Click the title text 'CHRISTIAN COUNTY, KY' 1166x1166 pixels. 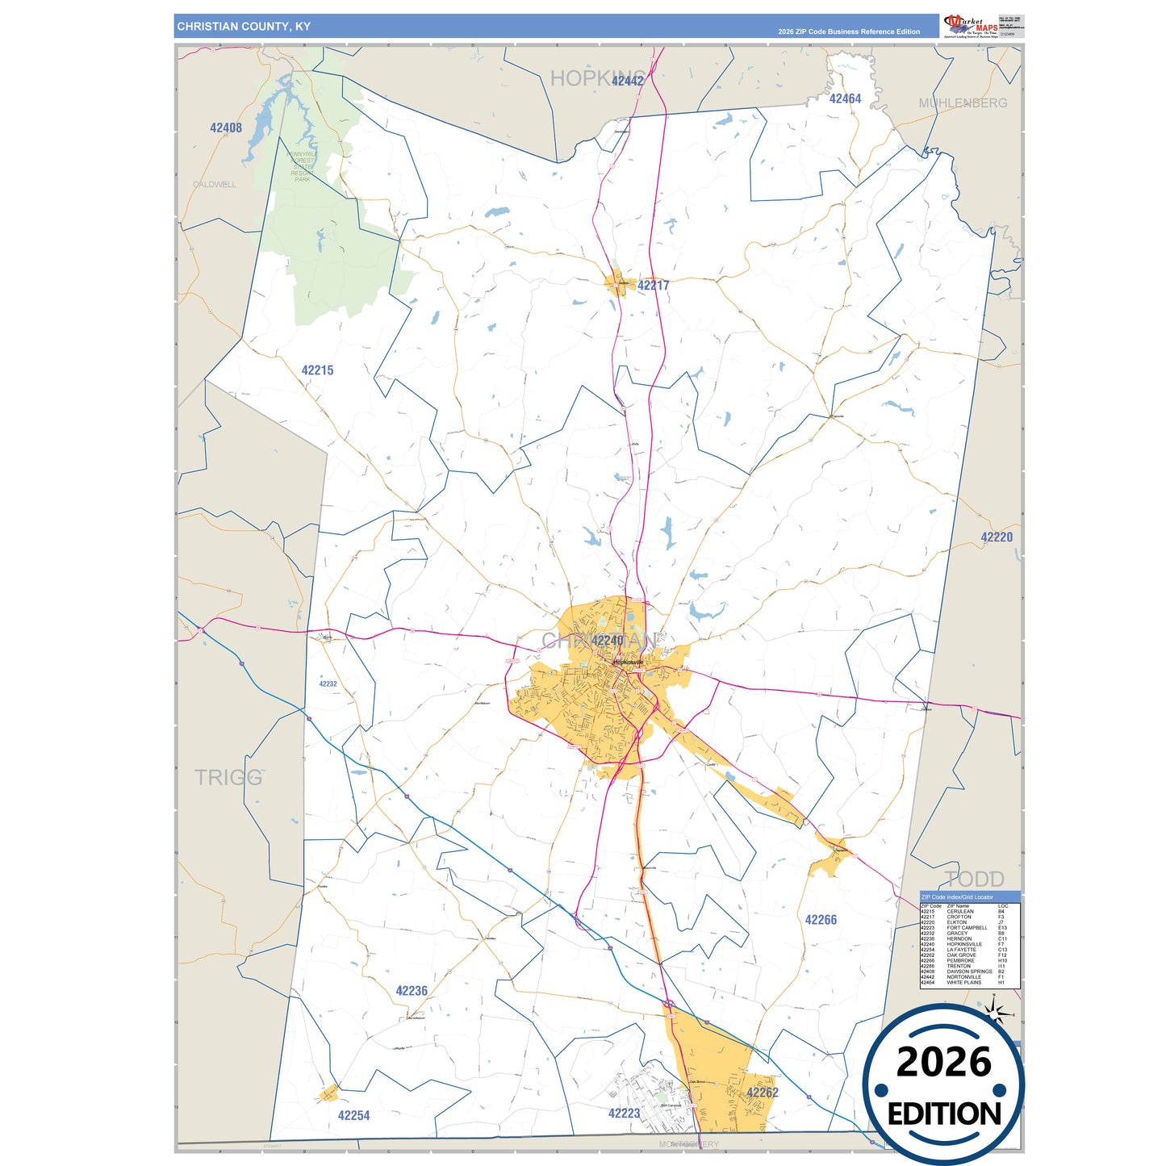[x=244, y=27]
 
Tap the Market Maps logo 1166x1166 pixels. [x=971, y=26]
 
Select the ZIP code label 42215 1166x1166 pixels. [x=317, y=370]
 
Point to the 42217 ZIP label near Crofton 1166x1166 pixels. [x=653, y=286]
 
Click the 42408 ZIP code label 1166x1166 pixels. [x=226, y=127]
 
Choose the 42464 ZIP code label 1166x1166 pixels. [x=845, y=98]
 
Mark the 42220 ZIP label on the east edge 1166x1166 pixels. [x=997, y=537]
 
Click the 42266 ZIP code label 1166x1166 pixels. [x=821, y=920]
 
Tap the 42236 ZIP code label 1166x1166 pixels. [x=412, y=991]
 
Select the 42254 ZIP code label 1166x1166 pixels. [x=353, y=1115]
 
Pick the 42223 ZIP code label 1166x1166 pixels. [x=624, y=1113]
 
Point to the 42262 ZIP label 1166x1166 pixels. [x=762, y=1093]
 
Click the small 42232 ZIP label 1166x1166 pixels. [x=328, y=683]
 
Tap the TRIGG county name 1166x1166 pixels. [x=228, y=778]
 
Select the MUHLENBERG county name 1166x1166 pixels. [x=963, y=103]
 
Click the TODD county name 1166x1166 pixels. [x=975, y=880]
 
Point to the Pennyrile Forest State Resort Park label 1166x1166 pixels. [x=303, y=166]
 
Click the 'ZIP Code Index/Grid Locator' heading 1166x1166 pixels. [x=957, y=896]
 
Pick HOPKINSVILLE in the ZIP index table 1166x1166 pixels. [x=964, y=944]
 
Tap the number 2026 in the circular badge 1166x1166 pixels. [x=943, y=1063]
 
